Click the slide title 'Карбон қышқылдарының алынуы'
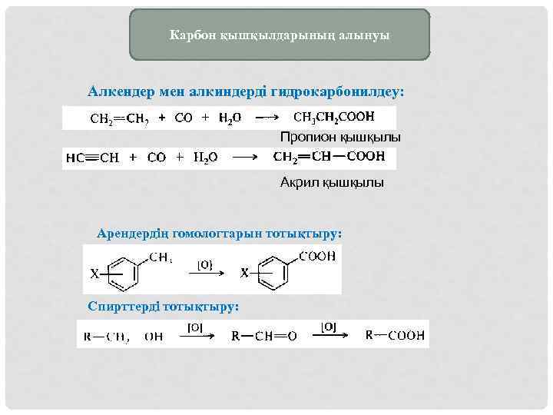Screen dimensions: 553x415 click(280, 35)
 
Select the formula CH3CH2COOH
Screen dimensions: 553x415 click(334, 118)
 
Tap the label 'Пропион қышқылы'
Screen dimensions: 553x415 click(340, 137)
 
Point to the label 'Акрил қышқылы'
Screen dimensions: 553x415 click(332, 183)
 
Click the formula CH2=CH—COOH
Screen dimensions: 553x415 click(329, 157)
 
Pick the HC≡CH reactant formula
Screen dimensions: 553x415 click(92, 158)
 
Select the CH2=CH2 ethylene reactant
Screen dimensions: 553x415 click(119, 119)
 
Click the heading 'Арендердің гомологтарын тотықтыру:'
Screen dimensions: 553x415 click(218, 231)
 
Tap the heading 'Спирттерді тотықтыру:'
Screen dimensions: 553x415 click(164, 306)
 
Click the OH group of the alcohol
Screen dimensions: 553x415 click(154, 336)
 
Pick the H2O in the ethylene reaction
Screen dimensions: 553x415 click(230, 119)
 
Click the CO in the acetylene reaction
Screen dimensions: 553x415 click(157, 158)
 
